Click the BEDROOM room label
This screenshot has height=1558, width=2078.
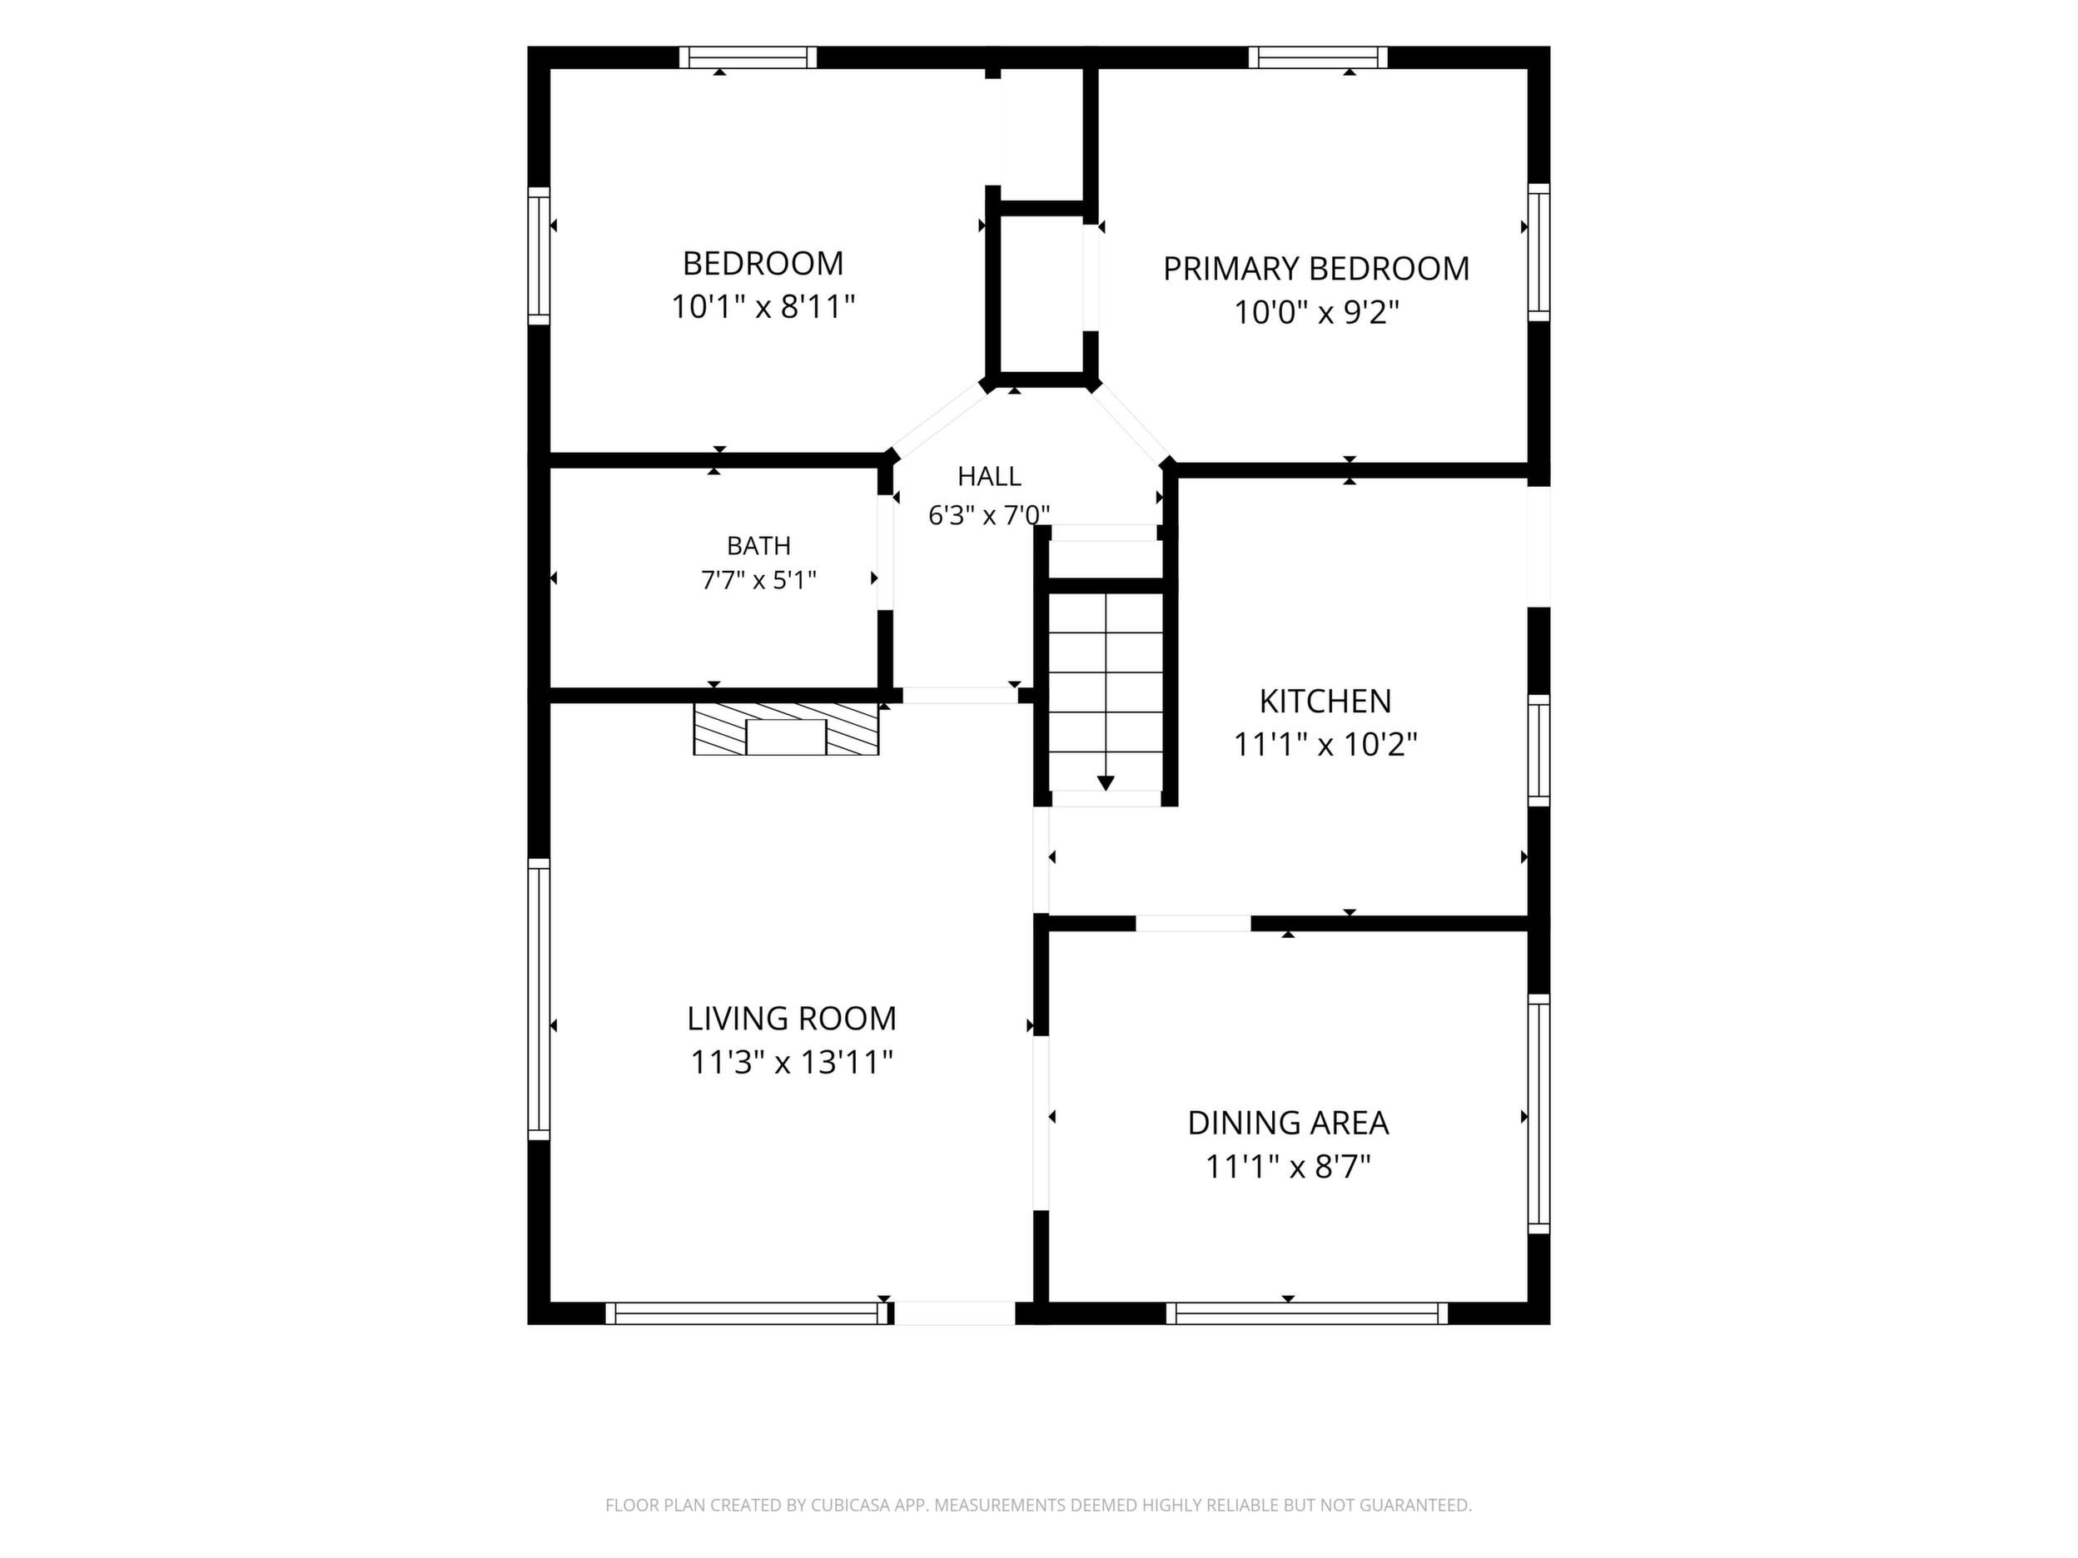(763, 263)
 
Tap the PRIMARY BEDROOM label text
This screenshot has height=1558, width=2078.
(1316, 269)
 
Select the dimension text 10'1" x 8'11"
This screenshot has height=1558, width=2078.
(763, 306)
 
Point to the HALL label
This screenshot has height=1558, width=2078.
(989, 476)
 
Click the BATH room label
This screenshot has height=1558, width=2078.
(759, 546)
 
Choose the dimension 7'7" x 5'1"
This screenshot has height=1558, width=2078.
(759, 580)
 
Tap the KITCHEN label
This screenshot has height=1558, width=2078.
(1325, 701)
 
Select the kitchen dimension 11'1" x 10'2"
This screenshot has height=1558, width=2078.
(1325, 744)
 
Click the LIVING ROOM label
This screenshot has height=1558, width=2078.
(791, 1018)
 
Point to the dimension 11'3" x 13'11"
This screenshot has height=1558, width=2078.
(791, 1061)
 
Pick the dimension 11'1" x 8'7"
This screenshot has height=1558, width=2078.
(1288, 1166)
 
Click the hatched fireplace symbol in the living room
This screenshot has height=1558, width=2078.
(786, 728)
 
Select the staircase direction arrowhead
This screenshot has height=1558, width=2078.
(1106, 782)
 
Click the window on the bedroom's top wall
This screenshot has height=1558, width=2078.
(748, 57)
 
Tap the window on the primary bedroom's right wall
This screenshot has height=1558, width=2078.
(1539, 251)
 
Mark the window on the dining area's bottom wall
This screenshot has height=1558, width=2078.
(1308, 1312)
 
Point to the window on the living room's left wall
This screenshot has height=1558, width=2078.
(539, 1000)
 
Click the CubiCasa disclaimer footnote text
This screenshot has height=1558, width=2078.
(1038, 1506)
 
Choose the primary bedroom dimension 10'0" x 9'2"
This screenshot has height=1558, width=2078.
(1316, 312)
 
